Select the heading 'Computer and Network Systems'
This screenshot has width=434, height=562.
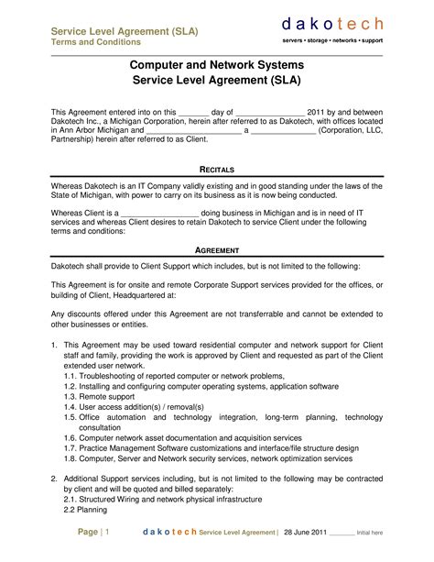[x=217, y=67]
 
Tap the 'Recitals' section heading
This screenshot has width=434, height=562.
[x=217, y=171]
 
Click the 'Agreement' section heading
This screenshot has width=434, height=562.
[x=217, y=250]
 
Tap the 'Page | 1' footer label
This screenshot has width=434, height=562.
[x=93, y=533]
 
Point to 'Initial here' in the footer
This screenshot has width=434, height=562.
[x=370, y=533]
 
